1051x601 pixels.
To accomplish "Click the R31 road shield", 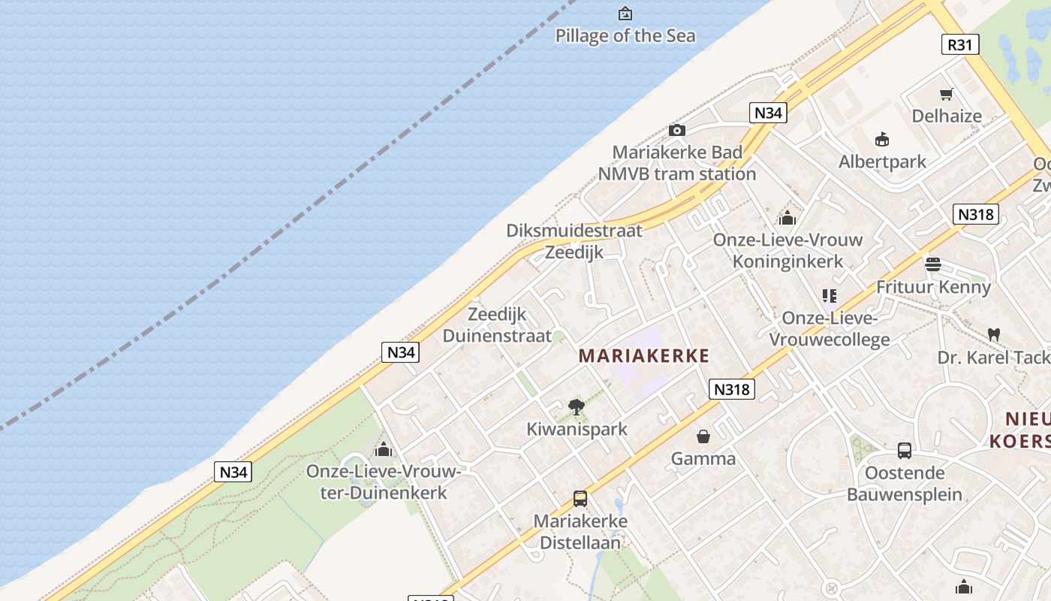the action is pos(959,44).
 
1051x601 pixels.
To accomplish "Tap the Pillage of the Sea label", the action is pos(625,35).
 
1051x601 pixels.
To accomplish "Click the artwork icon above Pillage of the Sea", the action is pos(625,14).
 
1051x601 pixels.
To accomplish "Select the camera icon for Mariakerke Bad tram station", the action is pos(676,131).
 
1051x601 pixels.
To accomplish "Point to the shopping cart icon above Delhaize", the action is pos(946,95).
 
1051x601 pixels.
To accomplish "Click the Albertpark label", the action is pos(882,162).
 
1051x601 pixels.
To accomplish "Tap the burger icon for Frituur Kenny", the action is pos(933,264).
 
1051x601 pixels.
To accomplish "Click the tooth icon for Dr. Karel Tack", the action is pos(993,334).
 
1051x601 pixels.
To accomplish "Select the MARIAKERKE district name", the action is pos(643,356).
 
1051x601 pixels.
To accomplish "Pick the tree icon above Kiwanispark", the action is pos(577,407).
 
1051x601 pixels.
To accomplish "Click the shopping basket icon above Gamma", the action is pos(703,436).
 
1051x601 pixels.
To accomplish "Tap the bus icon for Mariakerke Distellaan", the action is pos(580,498).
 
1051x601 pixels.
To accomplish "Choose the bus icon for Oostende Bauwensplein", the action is pos(905,451).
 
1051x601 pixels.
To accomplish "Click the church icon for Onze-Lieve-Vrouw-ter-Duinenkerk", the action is pos(384,449).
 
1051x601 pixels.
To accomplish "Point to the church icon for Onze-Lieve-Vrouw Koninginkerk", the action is pos(787,218).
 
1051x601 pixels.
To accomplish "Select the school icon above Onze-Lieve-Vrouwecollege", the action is pos(830,296).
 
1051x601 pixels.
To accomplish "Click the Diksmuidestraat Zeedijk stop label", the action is pos(574,241).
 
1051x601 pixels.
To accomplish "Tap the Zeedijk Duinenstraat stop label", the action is pos(497,325).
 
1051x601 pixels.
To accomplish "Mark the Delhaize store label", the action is pos(947,116).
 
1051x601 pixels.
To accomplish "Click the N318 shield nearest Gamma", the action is pos(731,389).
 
